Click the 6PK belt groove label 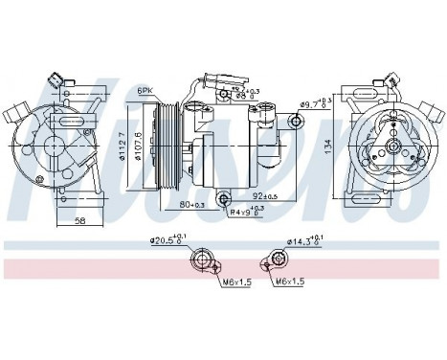coord(145,90)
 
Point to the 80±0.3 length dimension coord(192,203)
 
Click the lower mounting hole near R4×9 coord(224,199)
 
